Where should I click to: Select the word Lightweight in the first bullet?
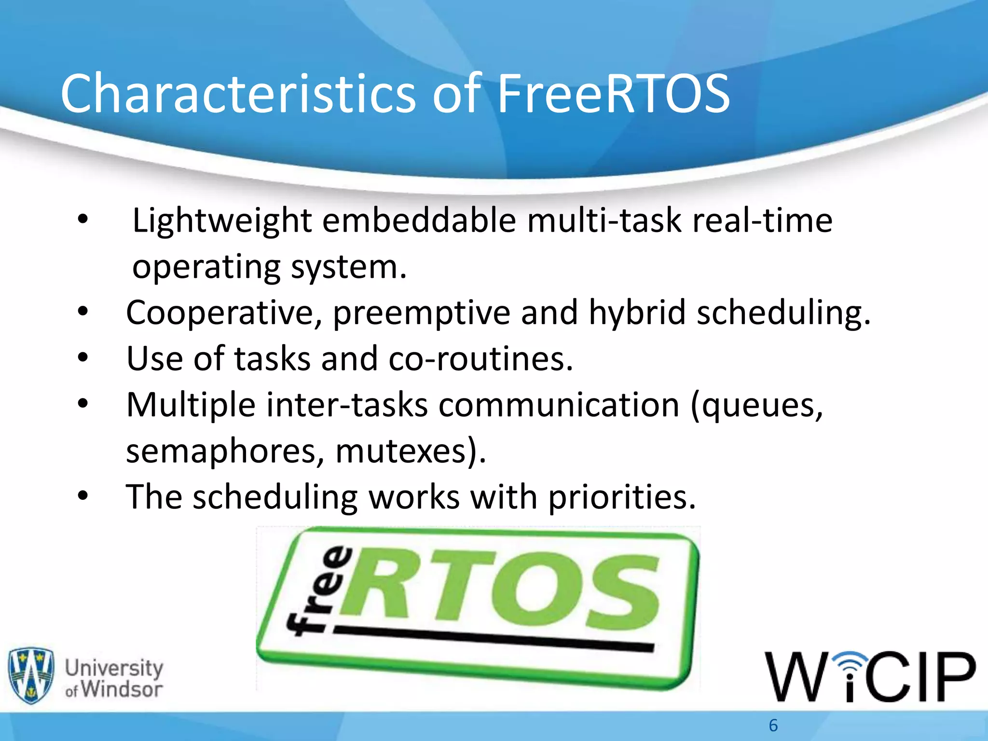222,221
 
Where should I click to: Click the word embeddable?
419,221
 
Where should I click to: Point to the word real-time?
762,221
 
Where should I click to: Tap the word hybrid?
637,313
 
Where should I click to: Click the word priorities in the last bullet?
622,497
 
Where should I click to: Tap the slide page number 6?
773,725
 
